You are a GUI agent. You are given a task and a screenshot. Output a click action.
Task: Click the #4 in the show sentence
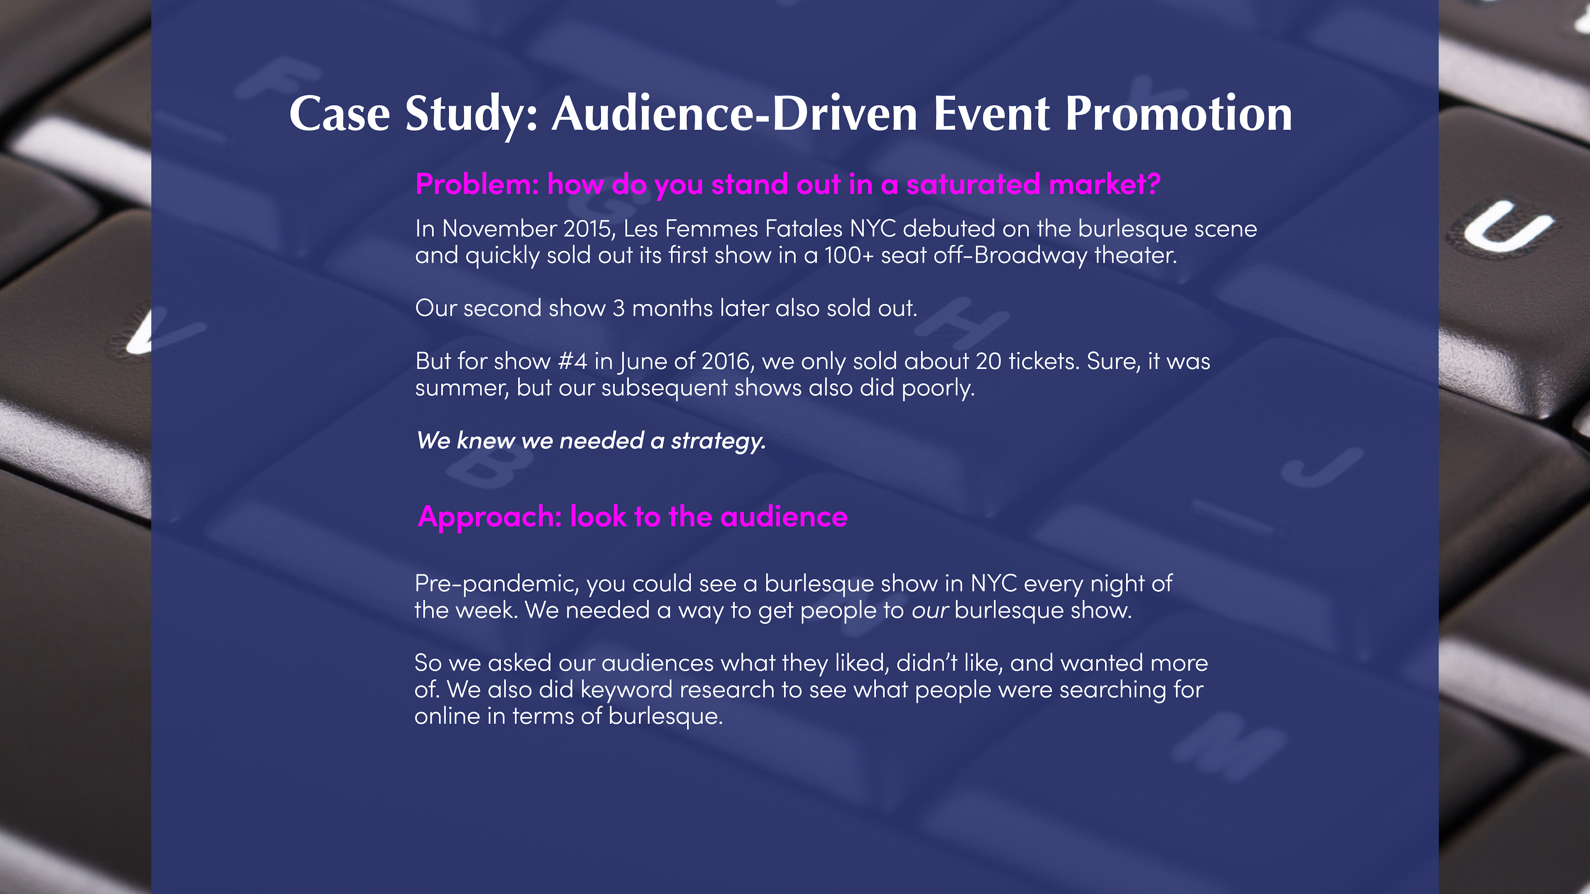[572, 361]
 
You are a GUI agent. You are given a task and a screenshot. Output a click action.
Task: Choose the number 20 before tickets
[988, 361]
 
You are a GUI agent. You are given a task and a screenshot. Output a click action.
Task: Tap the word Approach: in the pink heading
[489, 517]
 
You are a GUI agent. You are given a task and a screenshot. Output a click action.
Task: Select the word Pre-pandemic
[497, 584]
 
